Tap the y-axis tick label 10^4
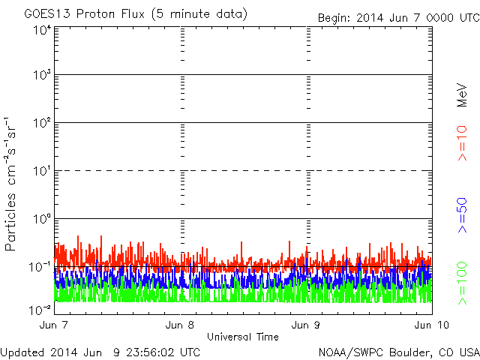point(41,31)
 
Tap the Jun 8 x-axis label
point(181,325)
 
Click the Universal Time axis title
point(243,337)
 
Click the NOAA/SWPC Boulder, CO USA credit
point(398,352)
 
